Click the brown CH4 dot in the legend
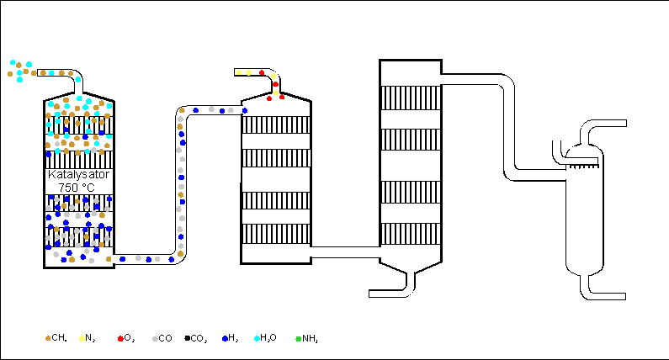[47, 338]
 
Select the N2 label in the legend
[90, 338]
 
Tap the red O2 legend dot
[120, 338]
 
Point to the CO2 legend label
[199, 338]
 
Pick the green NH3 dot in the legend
[298, 338]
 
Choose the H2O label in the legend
[268, 338]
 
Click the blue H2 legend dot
[225, 338]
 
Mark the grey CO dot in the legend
[155, 338]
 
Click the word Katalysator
[78, 174]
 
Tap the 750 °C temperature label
[78, 187]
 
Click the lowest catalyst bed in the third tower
[410, 234]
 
